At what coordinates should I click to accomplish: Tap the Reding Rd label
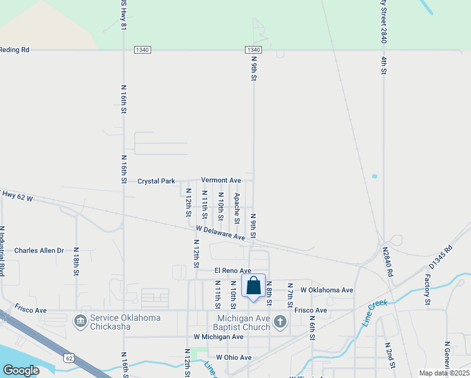14,49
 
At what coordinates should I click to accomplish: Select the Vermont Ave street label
221,180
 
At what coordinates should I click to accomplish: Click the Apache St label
237,208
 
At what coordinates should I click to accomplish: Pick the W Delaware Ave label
220,232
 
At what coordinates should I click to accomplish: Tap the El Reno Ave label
232,270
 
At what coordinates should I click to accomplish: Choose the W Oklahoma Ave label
327,290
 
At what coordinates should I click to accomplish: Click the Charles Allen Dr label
40,250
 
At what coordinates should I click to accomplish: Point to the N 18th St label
75,261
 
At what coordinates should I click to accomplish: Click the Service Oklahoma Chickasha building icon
81,322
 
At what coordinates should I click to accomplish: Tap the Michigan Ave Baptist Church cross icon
280,322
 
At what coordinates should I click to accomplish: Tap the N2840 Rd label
389,263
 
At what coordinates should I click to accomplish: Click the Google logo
21,370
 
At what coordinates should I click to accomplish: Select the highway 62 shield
67,358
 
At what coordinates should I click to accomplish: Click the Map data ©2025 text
444,373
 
